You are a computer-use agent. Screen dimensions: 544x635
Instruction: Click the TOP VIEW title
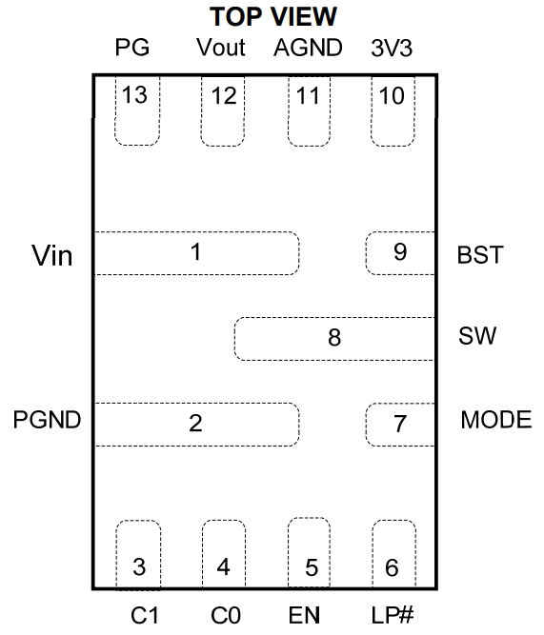click(x=273, y=16)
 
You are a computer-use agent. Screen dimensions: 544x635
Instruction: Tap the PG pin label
click(x=132, y=48)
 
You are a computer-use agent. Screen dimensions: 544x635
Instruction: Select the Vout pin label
click(x=221, y=48)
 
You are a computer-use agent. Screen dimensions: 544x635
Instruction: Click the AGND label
click(x=308, y=48)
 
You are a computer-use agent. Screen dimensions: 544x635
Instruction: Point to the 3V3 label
click(x=392, y=49)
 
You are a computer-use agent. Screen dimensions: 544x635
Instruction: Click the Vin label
click(x=52, y=255)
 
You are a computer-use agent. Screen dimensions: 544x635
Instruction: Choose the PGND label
click(x=47, y=420)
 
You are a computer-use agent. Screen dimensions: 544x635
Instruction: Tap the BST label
click(x=480, y=255)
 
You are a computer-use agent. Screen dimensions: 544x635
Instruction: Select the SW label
click(x=477, y=336)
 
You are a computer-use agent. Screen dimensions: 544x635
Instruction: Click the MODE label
click(x=496, y=420)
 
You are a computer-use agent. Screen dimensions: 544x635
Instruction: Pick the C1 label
click(x=145, y=616)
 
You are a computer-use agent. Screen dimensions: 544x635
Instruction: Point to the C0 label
click(x=226, y=616)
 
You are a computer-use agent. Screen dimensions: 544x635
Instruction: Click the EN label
click(x=304, y=616)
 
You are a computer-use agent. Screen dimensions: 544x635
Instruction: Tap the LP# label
click(x=393, y=615)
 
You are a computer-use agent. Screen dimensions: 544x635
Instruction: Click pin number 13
click(x=134, y=95)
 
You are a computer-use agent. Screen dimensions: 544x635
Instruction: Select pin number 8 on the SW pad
click(x=334, y=338)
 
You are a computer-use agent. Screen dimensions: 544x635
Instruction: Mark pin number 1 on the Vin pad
click(x=196, y=252)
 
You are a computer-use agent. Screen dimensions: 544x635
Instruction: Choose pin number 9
click(x=400, y=252)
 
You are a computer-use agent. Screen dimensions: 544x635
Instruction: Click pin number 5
click(x=312, y=567)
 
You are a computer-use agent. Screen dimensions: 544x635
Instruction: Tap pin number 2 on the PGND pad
click(x=196, y=424)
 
